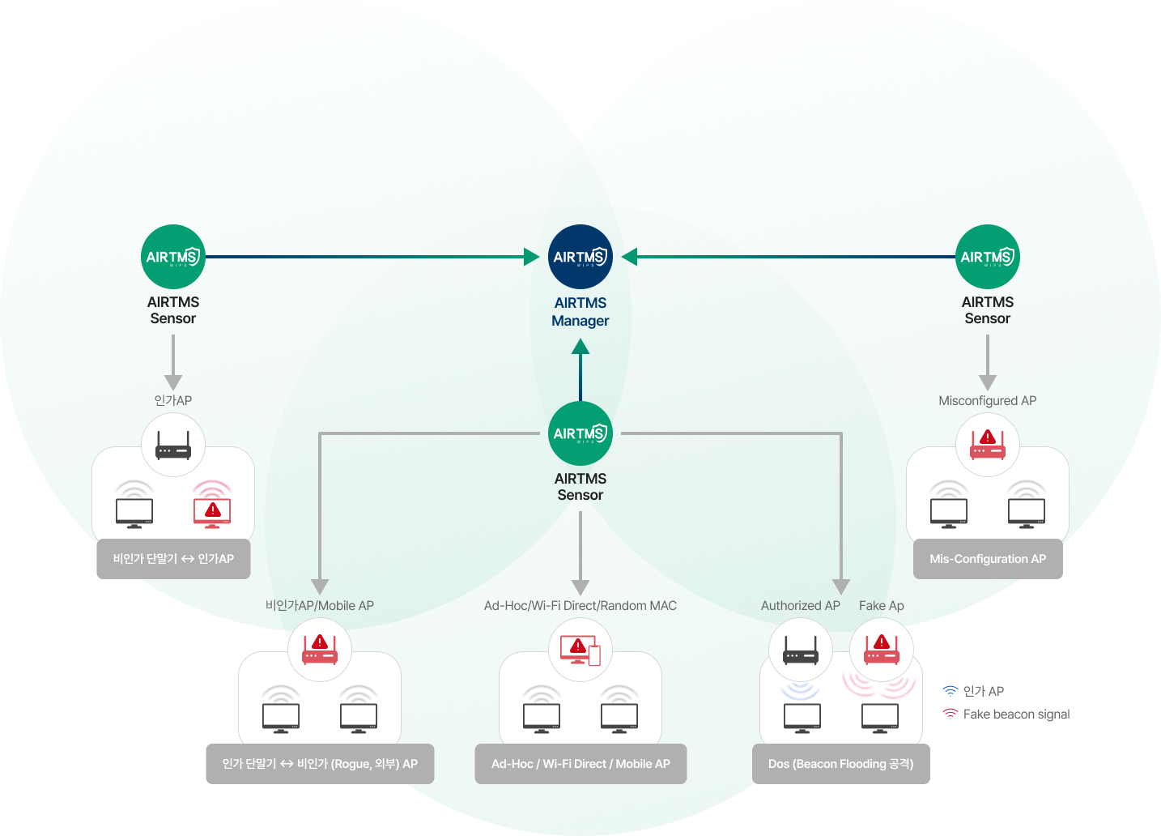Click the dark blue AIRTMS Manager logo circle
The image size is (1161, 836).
coord(580,257)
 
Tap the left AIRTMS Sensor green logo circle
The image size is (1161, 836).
coord(172,257)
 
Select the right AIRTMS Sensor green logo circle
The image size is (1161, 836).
coord(987,257)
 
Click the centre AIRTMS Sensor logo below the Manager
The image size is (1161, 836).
coord(580,433)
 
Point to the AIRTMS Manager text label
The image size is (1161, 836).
coord(580,312)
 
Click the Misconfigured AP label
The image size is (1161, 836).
coord(987,400)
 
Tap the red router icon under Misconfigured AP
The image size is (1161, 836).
coord(987,445)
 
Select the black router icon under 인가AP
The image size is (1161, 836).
coord(173,445)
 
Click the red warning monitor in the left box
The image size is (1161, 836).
coord(212,511)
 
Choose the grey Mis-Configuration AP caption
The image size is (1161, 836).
coord(987,559)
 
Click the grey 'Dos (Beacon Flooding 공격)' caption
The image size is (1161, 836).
coord(840,764)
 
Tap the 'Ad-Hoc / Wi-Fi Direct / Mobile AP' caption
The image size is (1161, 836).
coord(580,764)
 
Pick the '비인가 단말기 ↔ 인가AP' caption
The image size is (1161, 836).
coord(173,559)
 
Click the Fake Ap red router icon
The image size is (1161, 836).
coord(882,650)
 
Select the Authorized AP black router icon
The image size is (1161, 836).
coord(801,650)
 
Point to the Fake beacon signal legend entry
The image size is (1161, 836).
coord(1016,714)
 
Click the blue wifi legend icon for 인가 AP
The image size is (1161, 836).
coord(950,691)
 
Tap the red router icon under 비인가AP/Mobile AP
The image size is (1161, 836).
coord(320,650)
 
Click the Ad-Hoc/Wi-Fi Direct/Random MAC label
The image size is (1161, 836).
coord(580,605)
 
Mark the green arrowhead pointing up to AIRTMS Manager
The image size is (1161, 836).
coord(580,348)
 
